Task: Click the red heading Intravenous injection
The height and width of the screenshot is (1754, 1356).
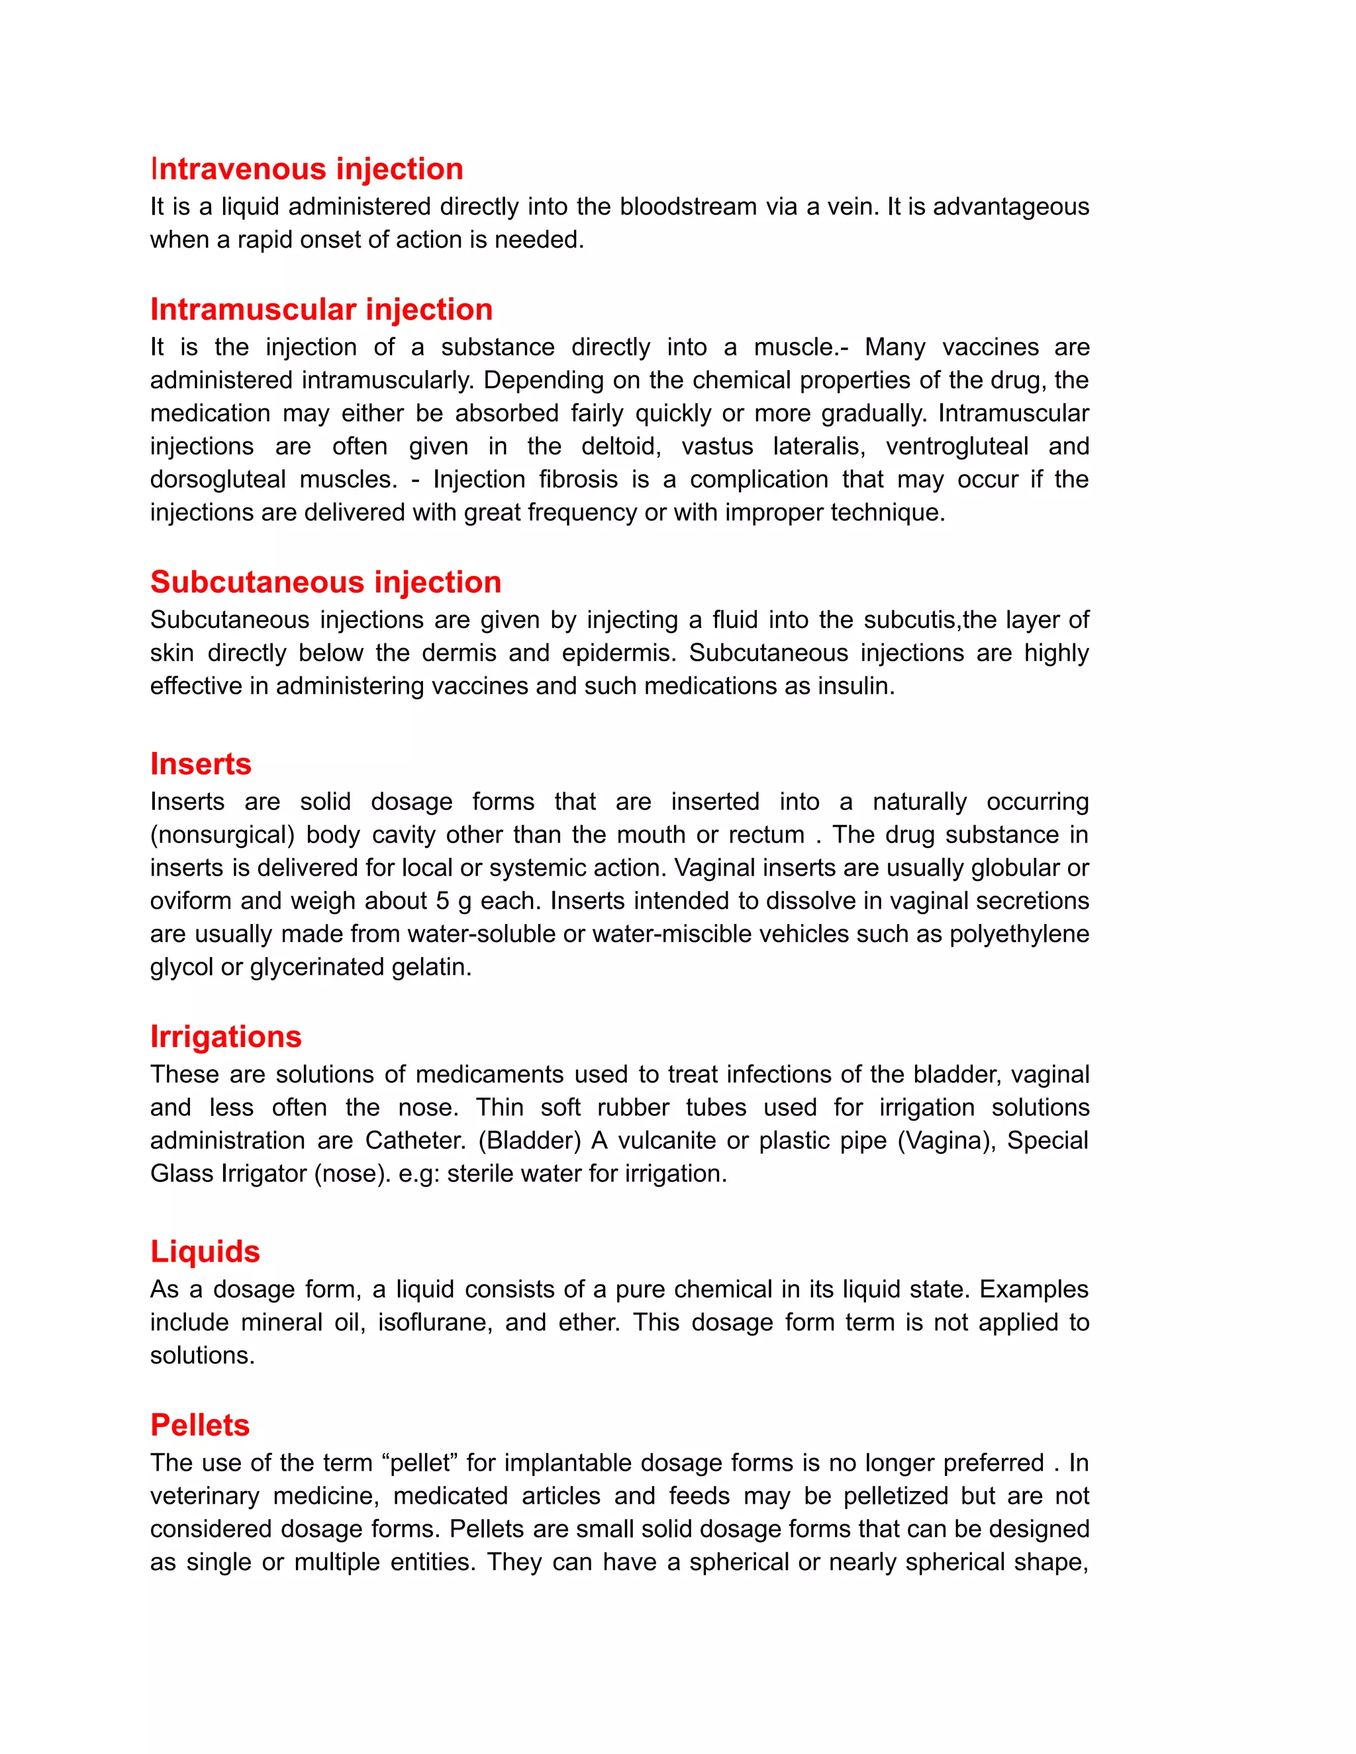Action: point(306,169)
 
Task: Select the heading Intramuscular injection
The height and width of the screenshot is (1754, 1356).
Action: point(321,310)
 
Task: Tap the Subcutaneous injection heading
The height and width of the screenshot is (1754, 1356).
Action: point(325,582)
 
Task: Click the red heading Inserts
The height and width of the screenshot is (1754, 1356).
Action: point(201,764)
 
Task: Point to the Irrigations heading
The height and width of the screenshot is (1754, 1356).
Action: point(226,1037)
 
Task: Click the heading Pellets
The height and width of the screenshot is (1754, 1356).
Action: point(200,1425)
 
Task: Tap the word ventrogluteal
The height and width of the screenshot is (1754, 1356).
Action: point(956,447)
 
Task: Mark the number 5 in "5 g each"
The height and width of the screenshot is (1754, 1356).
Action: point(442,901)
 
